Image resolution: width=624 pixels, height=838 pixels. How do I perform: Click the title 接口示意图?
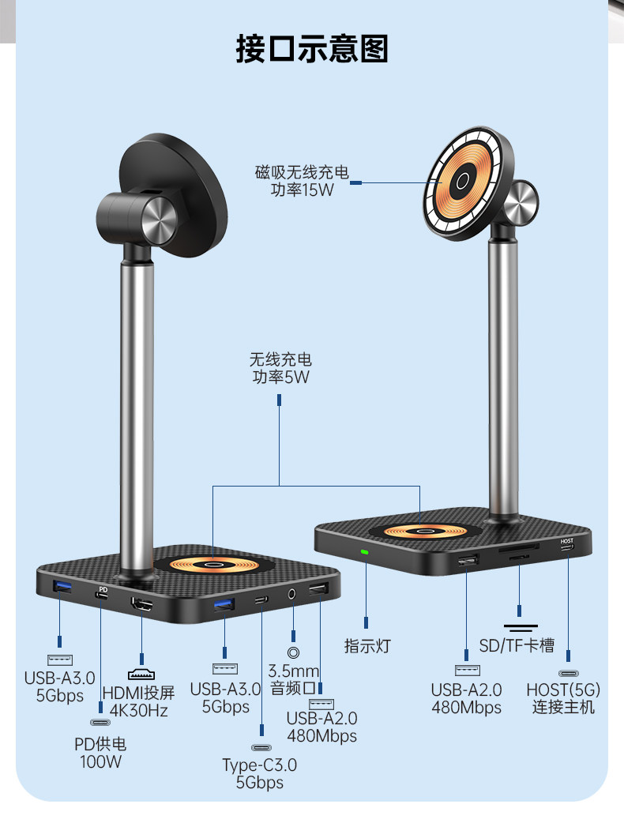tap(312, 48)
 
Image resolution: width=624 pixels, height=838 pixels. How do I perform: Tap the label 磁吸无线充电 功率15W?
tap(301, 181)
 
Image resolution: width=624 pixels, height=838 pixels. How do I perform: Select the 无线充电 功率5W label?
tap(280, 369)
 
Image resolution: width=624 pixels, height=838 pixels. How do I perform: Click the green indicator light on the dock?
tap(365, 552)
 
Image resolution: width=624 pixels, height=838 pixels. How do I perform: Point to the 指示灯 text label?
tap(367, 646)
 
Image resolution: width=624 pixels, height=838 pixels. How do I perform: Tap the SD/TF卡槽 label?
tap(517, 646)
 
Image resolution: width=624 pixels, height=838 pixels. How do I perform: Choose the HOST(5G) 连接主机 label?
tap(563, 699)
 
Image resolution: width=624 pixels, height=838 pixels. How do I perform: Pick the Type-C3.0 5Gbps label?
tap(260, 773)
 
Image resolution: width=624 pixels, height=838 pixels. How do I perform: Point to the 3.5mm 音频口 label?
tap(294, 678)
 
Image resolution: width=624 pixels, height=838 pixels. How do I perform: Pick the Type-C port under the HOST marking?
tap(567, 551)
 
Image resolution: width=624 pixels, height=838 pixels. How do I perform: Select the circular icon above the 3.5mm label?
tap(294, 652)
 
